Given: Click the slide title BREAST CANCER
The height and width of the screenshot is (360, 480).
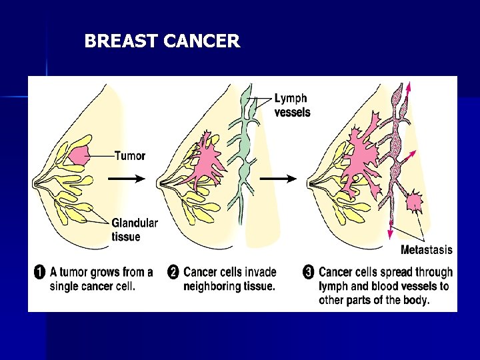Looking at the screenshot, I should (161, 41).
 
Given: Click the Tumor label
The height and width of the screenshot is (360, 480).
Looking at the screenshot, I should (130, 156).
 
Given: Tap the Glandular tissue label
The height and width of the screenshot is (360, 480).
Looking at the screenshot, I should (135, 229).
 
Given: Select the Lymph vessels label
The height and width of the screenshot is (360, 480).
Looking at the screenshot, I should (292, 105).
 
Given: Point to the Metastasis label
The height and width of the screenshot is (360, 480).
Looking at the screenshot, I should (426, 250).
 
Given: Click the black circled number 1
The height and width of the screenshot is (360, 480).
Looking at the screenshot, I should (39, 272).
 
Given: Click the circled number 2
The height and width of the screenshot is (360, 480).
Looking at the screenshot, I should (173, 272).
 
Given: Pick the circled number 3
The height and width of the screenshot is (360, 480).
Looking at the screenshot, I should (308, 272).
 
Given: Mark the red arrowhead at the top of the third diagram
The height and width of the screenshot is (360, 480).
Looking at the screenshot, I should (408, 85).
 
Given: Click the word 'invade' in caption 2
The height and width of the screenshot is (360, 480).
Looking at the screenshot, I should (259, 272).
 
